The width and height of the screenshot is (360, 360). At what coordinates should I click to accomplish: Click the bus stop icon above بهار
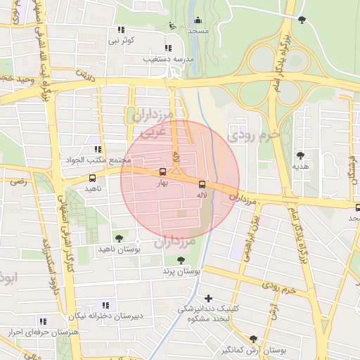point(163,172)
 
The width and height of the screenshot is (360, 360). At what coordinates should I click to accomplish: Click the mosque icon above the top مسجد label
point(198,20)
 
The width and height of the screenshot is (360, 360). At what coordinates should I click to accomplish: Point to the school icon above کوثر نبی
point(121,30)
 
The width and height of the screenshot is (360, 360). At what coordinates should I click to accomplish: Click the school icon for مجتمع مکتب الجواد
point(97,150)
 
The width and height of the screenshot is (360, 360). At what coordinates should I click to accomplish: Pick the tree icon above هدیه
point(301,155)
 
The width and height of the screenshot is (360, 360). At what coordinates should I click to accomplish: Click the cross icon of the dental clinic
point(208,298)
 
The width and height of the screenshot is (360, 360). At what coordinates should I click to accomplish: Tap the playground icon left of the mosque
point(174,26)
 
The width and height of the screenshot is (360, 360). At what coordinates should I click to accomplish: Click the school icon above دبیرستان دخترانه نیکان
point(105,305)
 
